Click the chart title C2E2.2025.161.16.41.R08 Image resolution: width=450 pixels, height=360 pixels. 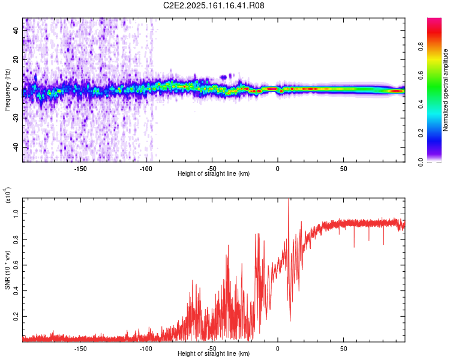[214, 5]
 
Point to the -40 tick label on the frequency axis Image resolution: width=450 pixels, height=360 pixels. [16, 148]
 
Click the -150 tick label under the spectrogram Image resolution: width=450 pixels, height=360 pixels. [80, 168]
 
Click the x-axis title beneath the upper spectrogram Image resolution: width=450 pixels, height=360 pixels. [214, 173]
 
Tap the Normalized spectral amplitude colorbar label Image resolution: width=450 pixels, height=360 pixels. [445, 90]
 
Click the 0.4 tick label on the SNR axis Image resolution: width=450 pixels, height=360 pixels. [16, 290]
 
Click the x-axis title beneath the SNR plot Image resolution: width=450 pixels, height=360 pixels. [214, 353]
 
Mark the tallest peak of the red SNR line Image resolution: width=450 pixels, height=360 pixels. [289, 199]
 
